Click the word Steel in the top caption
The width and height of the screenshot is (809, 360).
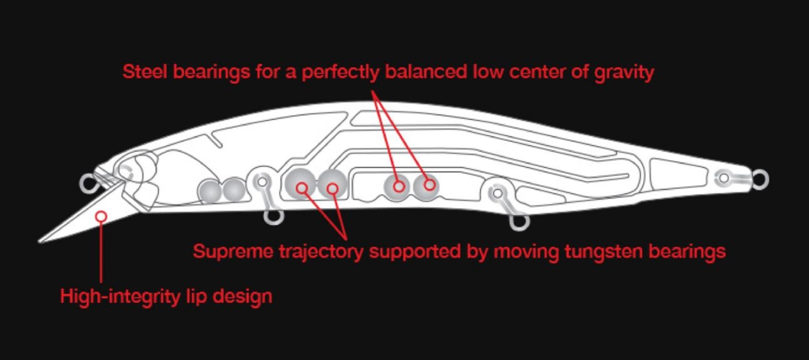click(145, 72)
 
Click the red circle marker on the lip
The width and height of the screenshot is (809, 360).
click(101, 217)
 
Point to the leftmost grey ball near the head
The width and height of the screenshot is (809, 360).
click(210, 191)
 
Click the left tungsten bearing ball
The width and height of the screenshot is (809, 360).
click(301, 183)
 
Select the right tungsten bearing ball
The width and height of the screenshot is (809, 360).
click(332, 184)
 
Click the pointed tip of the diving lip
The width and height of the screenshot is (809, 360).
click(39, 242)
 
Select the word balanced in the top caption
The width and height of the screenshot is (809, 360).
click(426, 72)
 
